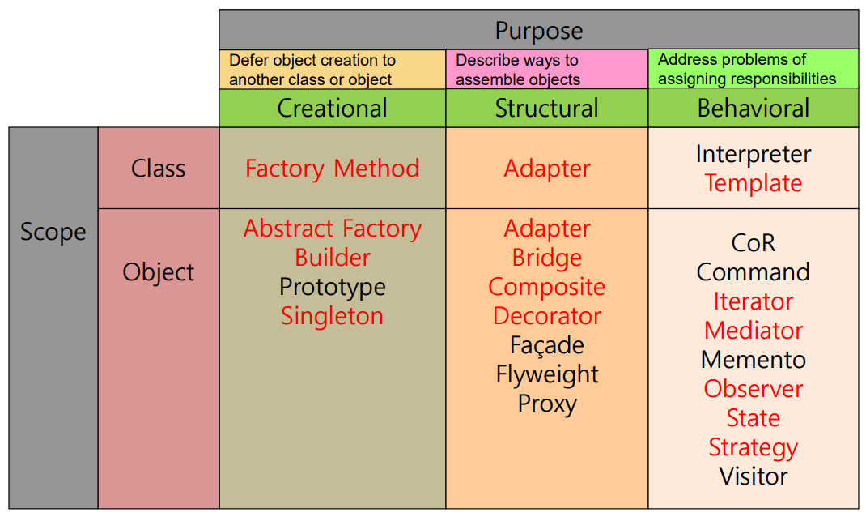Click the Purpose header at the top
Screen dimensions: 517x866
click(538, 31)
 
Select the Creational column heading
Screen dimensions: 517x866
click(332, 109)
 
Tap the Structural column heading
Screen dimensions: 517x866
click(546, 109)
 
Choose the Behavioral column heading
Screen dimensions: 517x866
click(753, 109)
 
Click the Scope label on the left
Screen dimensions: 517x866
click(53, 232)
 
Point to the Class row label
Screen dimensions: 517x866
click(158, 169)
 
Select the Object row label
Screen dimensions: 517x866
click(158, 272)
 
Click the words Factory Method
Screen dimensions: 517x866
click(332, 169)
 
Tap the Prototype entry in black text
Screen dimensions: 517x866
click(332, 287)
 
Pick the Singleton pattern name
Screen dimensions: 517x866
click(332, 316)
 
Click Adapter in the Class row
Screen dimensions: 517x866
click(546, 169)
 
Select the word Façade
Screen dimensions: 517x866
click(546, 345)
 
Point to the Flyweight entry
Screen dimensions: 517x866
click(546, 374)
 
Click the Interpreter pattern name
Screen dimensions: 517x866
click(753, 154)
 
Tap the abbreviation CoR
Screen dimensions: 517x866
click(753, 243)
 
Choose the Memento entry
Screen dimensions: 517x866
click(753, 360)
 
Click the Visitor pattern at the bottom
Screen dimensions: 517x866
click(753, 476)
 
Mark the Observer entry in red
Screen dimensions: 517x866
click(753, 389)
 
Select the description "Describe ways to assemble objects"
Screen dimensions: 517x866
click(518, 70)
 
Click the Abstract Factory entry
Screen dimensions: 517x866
click(332, 229)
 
